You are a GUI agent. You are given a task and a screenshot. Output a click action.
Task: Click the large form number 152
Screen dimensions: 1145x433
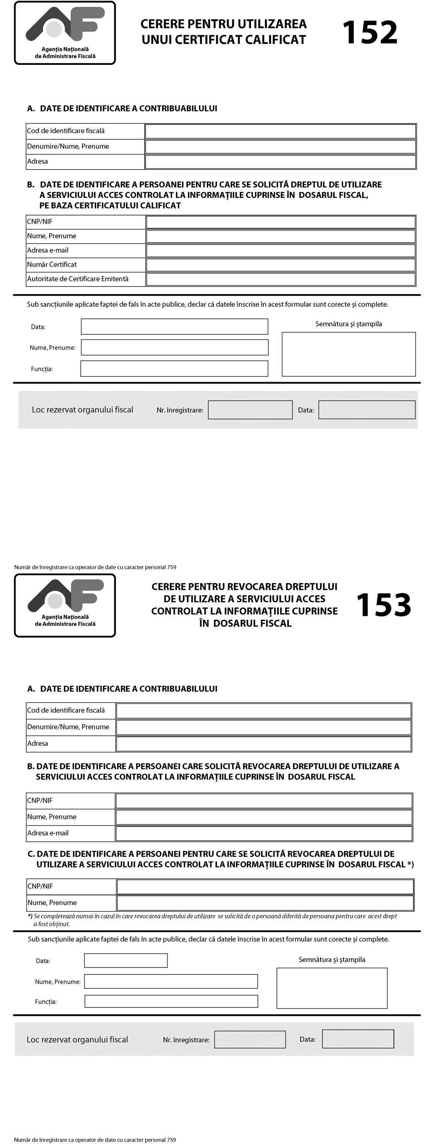coord(369,33)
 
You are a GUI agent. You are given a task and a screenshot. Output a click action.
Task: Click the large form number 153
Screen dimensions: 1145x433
coord(384,605)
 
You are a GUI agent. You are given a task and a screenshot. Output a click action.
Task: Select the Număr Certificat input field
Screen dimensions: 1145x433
coord(281,265)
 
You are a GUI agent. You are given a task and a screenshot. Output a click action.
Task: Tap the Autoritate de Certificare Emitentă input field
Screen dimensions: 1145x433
coord(281,279)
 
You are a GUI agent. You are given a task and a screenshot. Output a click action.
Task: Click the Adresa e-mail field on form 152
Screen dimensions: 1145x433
coord(281,251)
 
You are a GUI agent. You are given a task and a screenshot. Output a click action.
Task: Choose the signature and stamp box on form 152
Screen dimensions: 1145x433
coord(349,354)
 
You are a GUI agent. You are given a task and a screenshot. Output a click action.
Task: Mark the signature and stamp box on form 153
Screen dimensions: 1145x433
coord(332,988)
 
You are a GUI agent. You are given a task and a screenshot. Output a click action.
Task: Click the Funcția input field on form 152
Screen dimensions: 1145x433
coord(174,369)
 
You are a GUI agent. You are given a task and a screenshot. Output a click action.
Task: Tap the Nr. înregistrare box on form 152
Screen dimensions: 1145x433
coord(250,410)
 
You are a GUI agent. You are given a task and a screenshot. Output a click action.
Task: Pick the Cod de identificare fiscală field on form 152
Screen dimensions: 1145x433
coord(281,131)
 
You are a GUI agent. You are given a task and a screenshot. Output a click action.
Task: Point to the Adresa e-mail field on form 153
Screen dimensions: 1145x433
coord(264,833)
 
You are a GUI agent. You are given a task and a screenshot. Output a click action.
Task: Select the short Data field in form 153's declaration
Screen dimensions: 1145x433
coord(126,960)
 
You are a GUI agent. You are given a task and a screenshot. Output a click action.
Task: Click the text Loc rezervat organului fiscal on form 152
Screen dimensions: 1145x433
coord(82,410)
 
